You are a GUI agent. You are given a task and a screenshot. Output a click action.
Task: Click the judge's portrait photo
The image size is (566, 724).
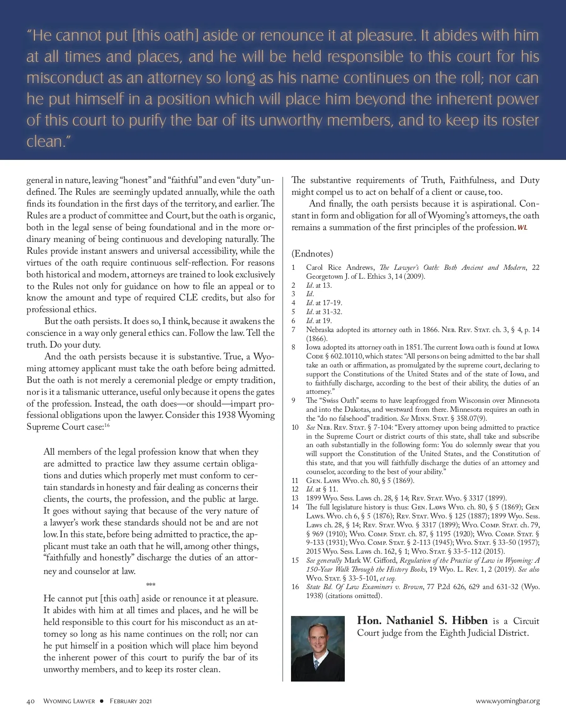pos(318,648)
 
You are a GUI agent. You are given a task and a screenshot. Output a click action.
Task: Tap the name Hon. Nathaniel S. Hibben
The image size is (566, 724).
pos(423,621)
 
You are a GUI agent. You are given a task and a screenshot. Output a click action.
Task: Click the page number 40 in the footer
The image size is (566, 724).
pos(31,701)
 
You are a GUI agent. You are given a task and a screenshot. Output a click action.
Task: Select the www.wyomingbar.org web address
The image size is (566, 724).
pos(508,701)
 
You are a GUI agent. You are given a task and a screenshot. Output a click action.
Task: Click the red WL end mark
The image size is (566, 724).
pos(523,228)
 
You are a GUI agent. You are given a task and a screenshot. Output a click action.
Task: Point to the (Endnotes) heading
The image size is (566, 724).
pos(312,254)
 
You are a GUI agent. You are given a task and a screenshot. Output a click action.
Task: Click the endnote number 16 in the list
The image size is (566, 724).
pos(295,587)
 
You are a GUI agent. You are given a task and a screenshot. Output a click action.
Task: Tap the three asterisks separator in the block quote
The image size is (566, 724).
pos(151,585)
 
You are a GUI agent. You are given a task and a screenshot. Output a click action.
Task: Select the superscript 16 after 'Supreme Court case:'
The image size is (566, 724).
pos(107,425)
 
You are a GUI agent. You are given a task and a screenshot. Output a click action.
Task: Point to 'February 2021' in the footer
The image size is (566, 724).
pos(131,701)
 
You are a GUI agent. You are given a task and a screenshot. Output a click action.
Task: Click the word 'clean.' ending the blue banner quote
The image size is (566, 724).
pos(45,141)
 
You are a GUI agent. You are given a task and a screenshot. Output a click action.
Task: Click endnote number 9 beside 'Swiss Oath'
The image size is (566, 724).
pos(294,400)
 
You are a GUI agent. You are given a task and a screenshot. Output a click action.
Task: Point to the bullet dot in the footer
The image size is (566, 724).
pos(101,701)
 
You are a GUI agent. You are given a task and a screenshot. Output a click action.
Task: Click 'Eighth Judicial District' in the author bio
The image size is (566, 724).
pos(475,632)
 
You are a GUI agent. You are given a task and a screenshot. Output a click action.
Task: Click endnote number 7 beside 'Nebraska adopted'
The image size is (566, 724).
pos(294,330)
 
